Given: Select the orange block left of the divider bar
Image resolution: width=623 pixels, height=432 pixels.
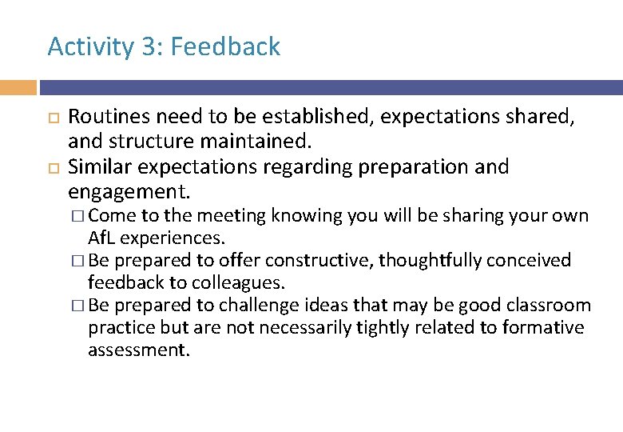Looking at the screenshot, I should point(18,87).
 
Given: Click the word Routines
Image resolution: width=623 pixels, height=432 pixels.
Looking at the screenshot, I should point(105,117).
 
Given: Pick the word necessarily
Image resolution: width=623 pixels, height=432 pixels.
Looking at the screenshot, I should point(311,328).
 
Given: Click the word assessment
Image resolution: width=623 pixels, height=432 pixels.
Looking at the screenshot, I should point(138,350).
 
